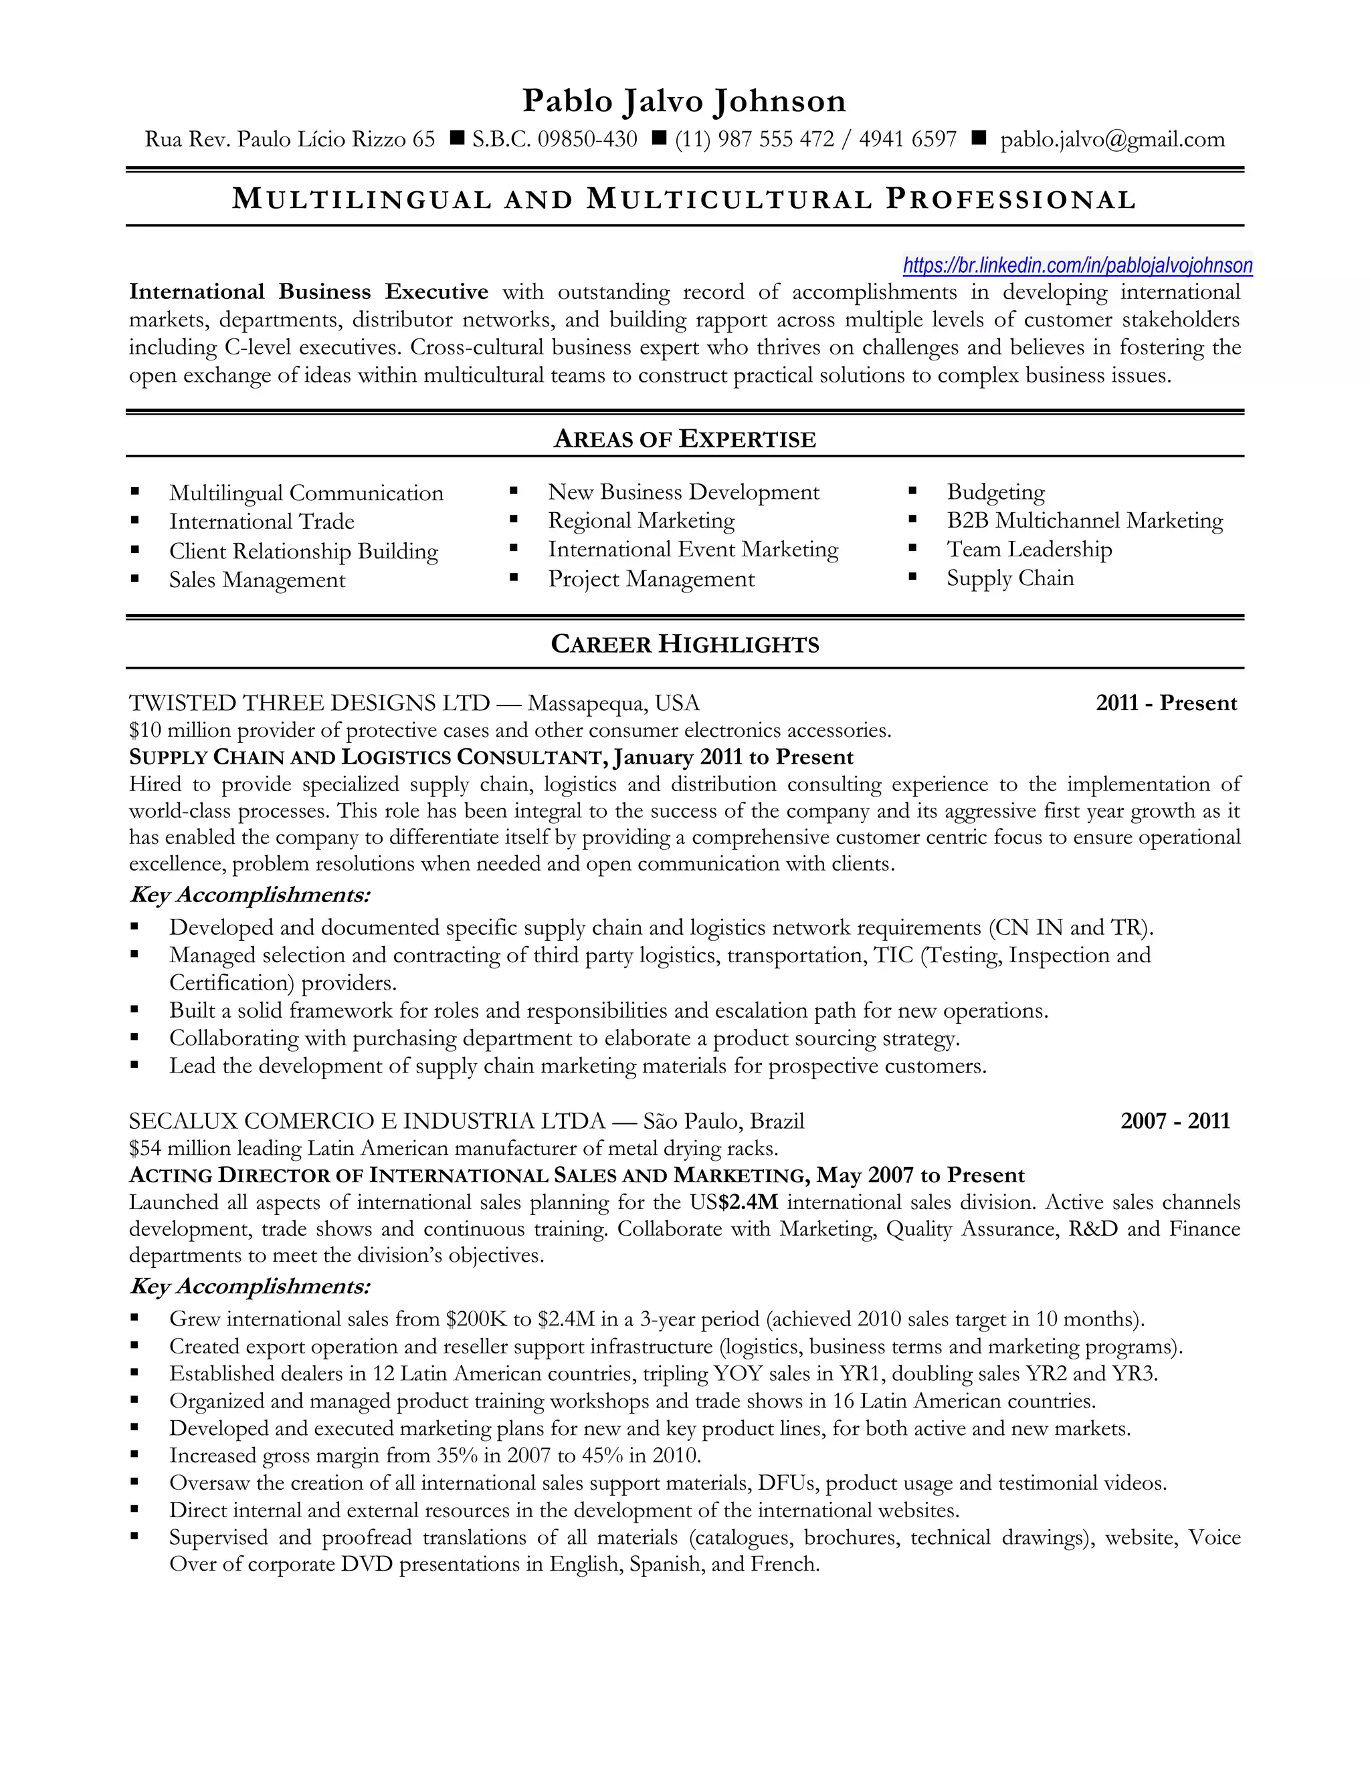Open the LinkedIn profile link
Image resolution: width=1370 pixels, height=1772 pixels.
pyautogui.click(x=1077, y=265)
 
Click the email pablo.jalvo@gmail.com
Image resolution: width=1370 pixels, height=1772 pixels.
pyautogui.click(x=1112, y=140)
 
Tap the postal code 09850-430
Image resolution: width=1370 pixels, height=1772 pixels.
pyautogui.click(x=587, y=140)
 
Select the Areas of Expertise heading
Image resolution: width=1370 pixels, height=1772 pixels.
pyautogui.click(x=684, y=439)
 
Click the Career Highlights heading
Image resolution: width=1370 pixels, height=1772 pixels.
pyautogui.click(x=684, y=644)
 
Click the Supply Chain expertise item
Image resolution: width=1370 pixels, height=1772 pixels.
pyautogui.click(x=1009, y=578)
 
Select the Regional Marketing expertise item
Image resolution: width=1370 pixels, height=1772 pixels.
pyautogui.click(x=641, y=520)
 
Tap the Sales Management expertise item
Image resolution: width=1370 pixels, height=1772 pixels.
pyautogui.click(x=256, y=580)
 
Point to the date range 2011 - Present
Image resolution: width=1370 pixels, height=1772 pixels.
pyautogui.click(x=1165, y=703)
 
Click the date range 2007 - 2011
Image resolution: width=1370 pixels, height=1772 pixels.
pyautogui.click(x=1175, y=1121)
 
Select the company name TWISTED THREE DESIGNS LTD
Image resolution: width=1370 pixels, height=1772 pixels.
pyautogui.click(x=309, y=703)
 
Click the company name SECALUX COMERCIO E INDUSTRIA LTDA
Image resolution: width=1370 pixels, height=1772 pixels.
pyautogui.click(x=367, y=1121)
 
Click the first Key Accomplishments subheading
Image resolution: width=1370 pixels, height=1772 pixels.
pyautogui.click(x=250, y=895)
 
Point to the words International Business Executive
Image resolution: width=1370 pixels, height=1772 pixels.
pyautogui.click(x=308, y=292)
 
